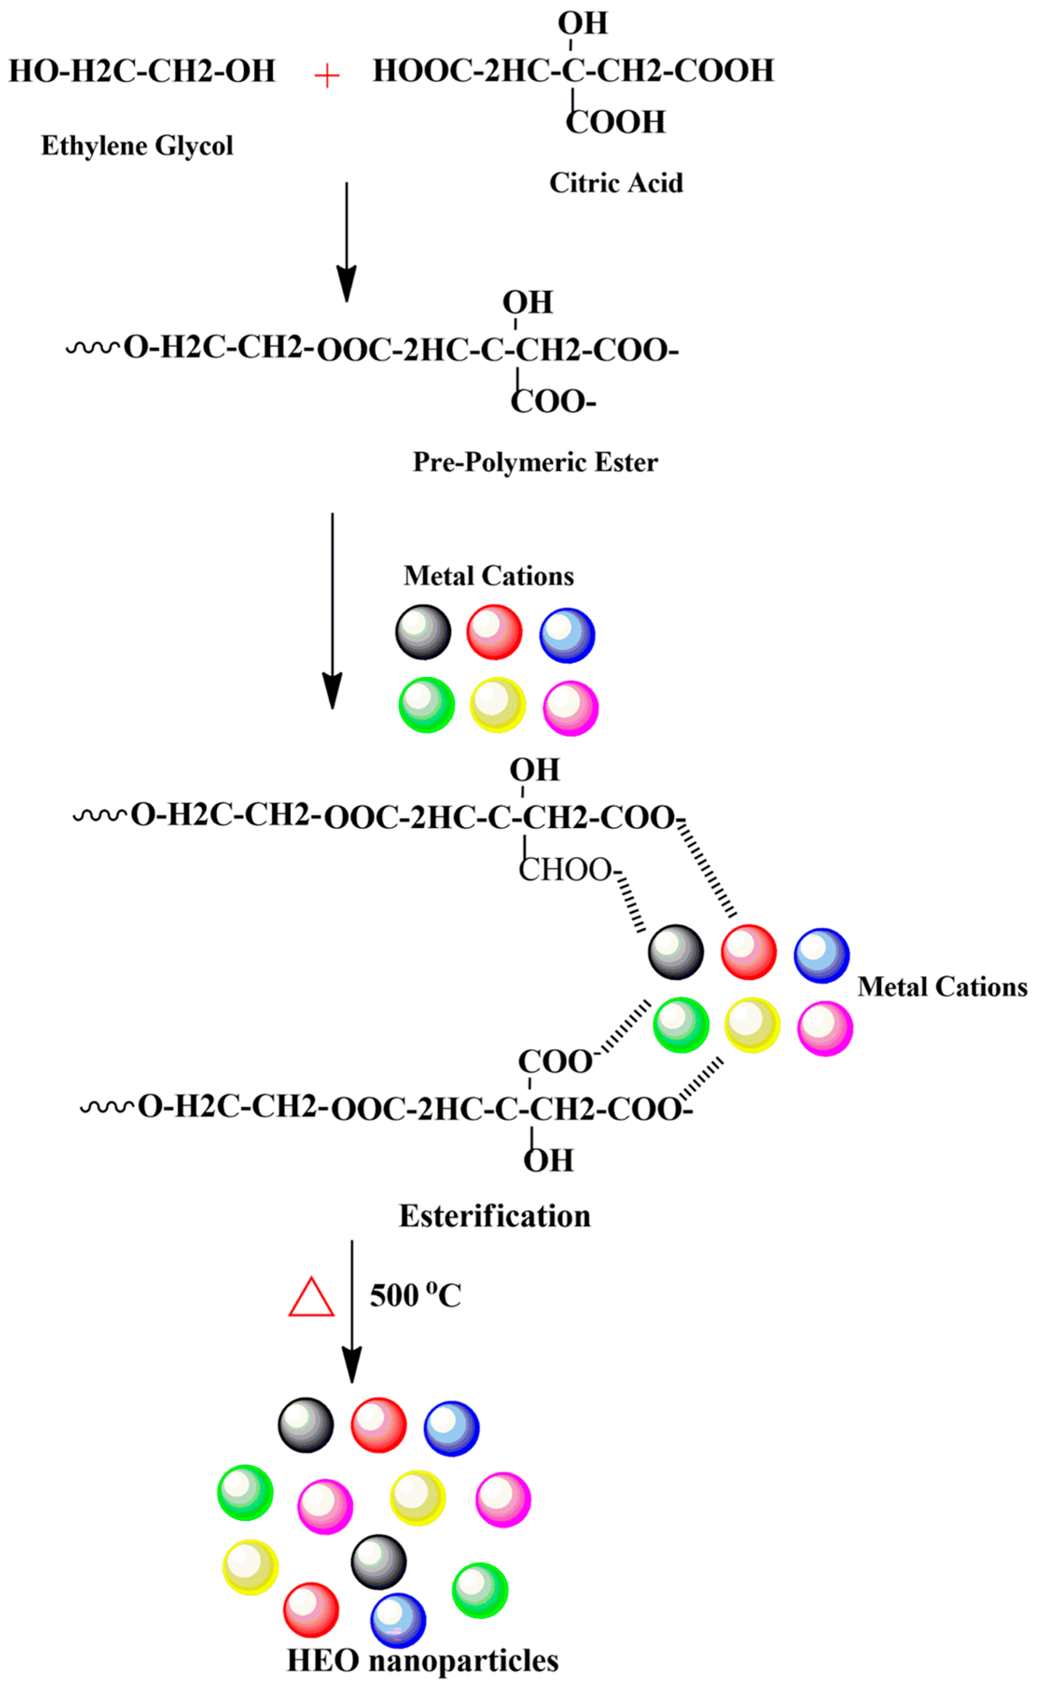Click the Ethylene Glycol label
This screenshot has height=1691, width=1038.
pyautogui.click(x=137, y=145)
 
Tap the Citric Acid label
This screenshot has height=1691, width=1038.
pyautogui.click(x=616, y=183)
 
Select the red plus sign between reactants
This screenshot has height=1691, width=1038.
pyautogui.click(x=327, y=76)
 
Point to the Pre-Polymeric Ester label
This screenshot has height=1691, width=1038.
pyautogui.click(x=535, y=462)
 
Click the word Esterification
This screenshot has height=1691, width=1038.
pyautogui.click(x=494, y=1216)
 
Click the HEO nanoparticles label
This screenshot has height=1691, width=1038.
pyautogui.click(x=422, y=1660)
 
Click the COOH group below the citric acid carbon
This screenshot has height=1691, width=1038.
pyautogui.click(x=616, y=122)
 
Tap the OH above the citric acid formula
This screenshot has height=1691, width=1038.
pyautogui.click(x=582, y=23)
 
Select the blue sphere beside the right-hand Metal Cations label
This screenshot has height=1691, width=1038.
pyautogui.click(x=821, y=955)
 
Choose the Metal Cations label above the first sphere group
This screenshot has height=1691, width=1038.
pyautogui.click(x=488, y=576)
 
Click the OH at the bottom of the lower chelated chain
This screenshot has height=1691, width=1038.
pyautogui.click(x=548, y=1160)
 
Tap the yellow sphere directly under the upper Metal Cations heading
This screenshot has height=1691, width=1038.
pyautogui.click(x=497, y=705)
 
